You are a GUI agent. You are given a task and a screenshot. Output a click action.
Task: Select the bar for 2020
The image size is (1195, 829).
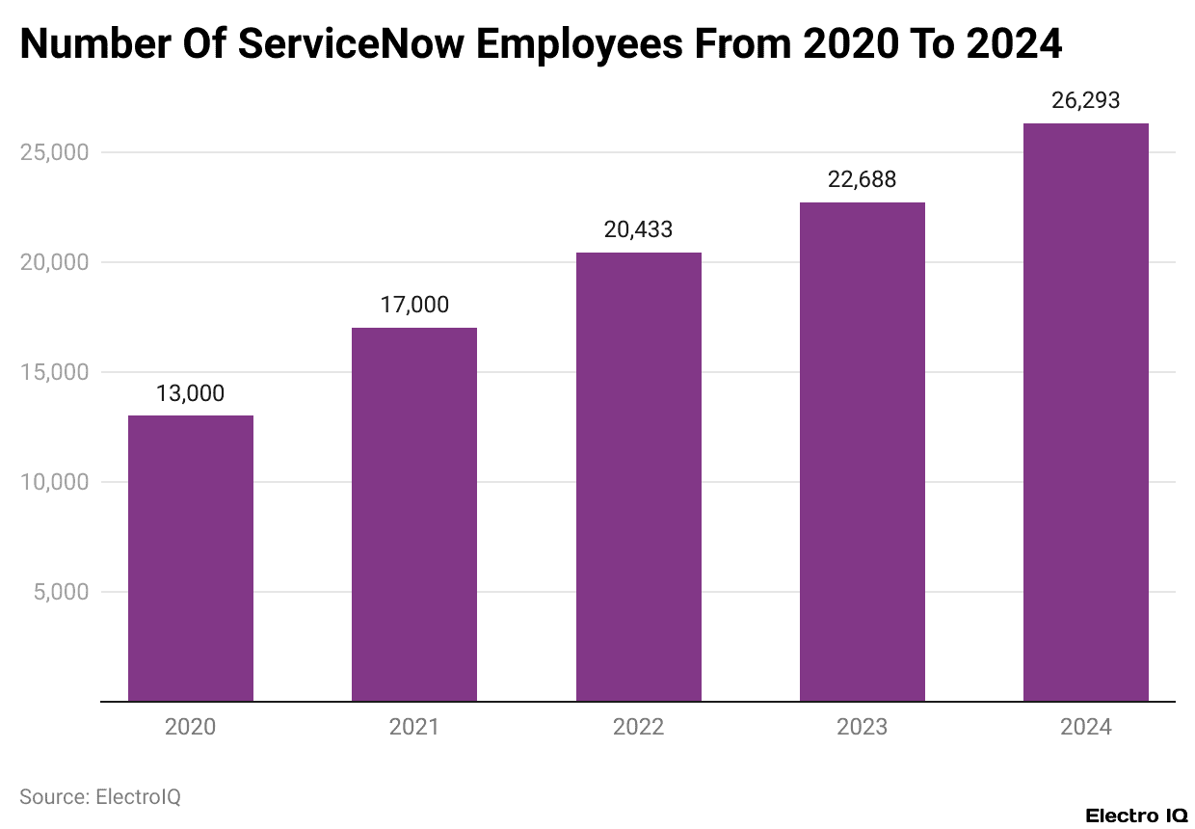(x=191, y=558)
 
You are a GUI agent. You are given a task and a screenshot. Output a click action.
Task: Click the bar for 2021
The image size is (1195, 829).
(x=414, y=515)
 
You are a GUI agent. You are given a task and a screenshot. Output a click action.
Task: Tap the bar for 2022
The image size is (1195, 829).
(x=638, y=477)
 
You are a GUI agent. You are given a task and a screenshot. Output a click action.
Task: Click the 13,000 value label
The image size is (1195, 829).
(x=191, y=393)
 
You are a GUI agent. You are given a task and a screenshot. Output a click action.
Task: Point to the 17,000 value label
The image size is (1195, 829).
(x=414, y=306)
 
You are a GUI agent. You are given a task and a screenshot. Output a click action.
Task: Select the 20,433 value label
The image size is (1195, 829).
(x=638, y=229)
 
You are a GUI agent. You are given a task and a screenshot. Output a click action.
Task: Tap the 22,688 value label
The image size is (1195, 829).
(x=863, y=179)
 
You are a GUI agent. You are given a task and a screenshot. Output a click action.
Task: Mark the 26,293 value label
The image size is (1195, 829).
(x=1086, y=100)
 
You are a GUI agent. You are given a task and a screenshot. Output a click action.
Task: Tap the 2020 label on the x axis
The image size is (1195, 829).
(x=191, y=727)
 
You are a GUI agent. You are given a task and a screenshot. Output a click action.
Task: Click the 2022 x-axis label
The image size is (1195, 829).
(x=638, y=727)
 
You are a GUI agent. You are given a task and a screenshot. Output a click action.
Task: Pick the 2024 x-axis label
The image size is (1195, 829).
(x=1086, y=727)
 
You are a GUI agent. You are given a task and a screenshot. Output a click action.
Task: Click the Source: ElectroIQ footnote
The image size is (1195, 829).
(x=100, y=797)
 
